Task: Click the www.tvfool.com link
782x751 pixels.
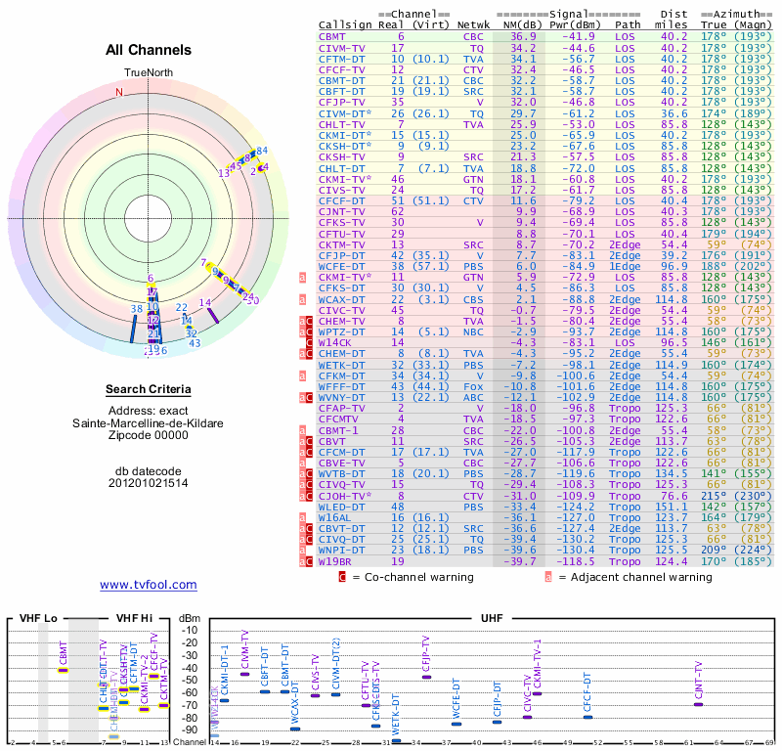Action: point(149,585)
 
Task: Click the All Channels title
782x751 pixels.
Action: point(149,50)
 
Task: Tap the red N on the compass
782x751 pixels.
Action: point(120,92)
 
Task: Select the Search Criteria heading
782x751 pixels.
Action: point(149,390)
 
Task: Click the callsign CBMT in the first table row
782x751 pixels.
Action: point(333,35)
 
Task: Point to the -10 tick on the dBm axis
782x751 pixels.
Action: point(189,629)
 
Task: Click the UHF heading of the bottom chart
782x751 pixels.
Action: point(493,618)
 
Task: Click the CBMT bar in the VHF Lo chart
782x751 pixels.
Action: point(64,670)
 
